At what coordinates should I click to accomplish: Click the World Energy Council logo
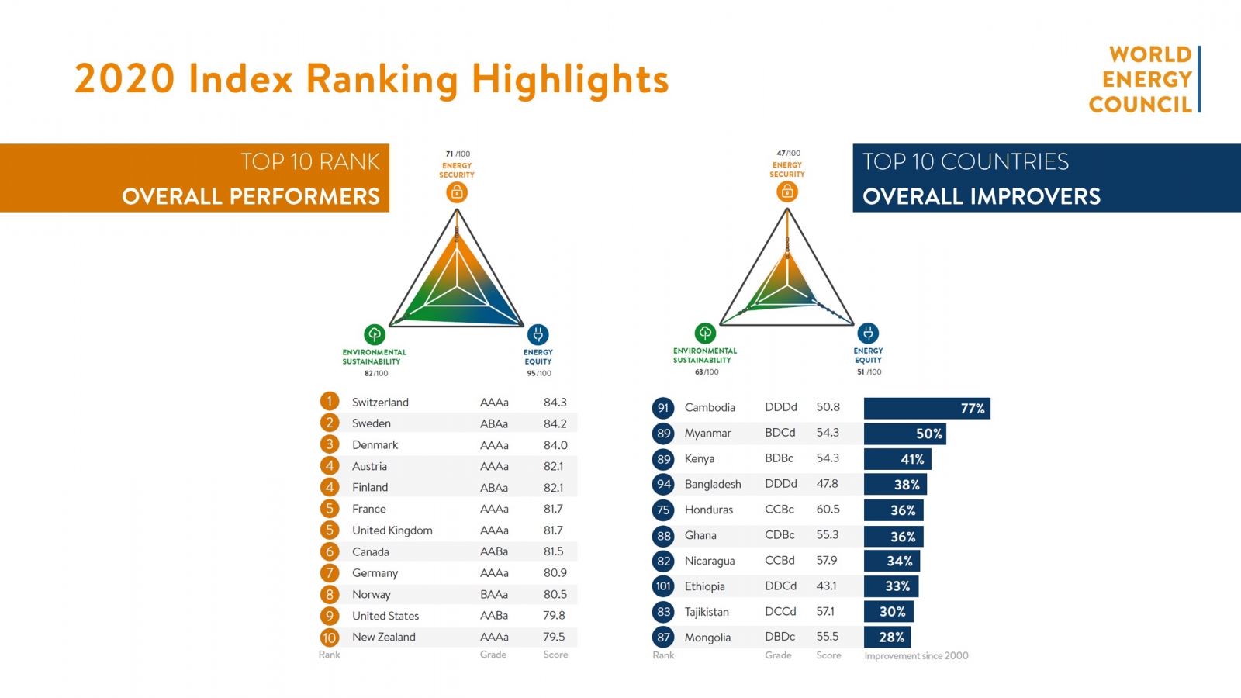click(1144, 79)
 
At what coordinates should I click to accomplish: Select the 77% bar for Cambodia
click(927, 409)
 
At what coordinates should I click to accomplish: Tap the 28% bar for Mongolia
click(887, 638)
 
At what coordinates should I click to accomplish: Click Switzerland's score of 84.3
click(555, 403)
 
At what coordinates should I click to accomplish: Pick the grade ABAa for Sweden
click(494, 423)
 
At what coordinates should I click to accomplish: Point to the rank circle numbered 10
click(330, 638)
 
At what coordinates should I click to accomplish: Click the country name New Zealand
click(384, 637)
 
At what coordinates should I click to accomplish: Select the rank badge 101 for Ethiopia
click(663, 586)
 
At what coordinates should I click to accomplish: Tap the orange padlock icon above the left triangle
click(457, 192)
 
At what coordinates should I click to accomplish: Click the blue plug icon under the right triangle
click(868, 333)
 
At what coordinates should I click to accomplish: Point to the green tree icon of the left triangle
click(375, 334)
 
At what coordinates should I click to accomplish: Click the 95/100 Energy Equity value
click(538, 374)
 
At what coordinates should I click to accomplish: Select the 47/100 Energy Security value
click(788, 154)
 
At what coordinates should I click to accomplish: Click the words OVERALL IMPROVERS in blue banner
click(981, 196)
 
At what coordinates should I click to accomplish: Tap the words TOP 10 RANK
click(310, 161)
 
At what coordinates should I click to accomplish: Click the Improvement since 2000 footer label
click(916, 655)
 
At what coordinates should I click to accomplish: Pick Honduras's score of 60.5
click(828, 510)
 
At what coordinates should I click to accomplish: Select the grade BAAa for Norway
click(494, 595)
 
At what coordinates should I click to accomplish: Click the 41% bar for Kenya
click(897, 459)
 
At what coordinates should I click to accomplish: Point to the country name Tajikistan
click(707, 612)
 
